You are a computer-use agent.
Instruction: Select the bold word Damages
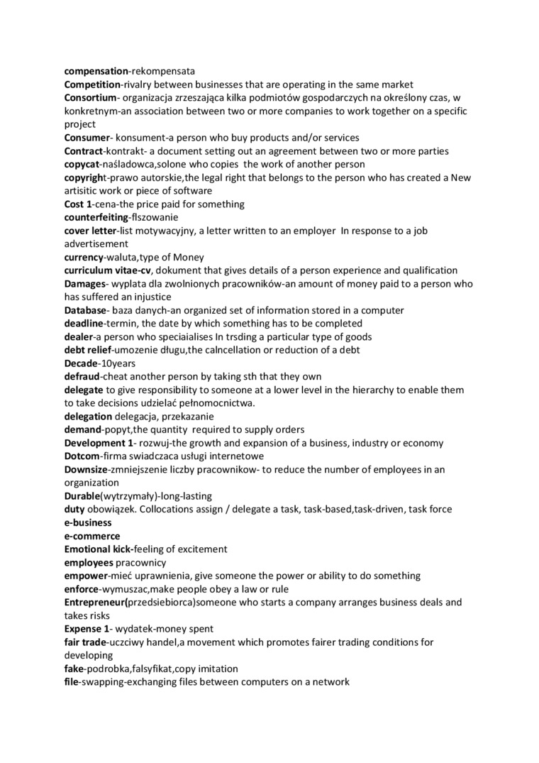pyautogui.click(x=84, y=284)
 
